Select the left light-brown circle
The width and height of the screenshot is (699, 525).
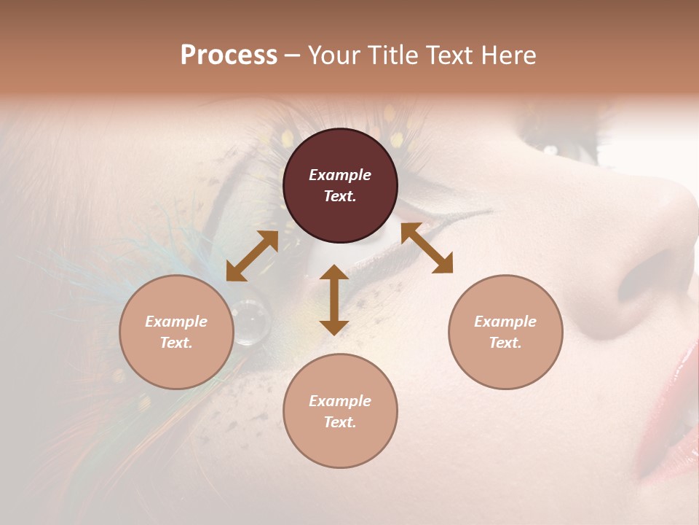click(x=176, y=332)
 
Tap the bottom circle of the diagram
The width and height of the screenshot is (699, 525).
click(x=340, y=411)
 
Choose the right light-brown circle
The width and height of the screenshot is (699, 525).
click(x=505, y=332)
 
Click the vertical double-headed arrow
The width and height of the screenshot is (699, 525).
click(x=334, y=300)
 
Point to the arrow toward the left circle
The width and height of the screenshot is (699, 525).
click(x=252, y=256)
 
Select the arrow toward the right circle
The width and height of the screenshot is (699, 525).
click(x=427, y=248)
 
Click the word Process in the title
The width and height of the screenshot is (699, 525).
click(x=229, y=55)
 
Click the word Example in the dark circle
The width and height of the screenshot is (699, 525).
click(x=340, y=175)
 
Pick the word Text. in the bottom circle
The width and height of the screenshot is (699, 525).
click(x=340, y=422)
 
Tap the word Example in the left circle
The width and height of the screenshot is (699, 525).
click(x=176, y=322)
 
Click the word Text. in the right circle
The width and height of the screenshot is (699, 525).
click(x=505, y=343)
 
